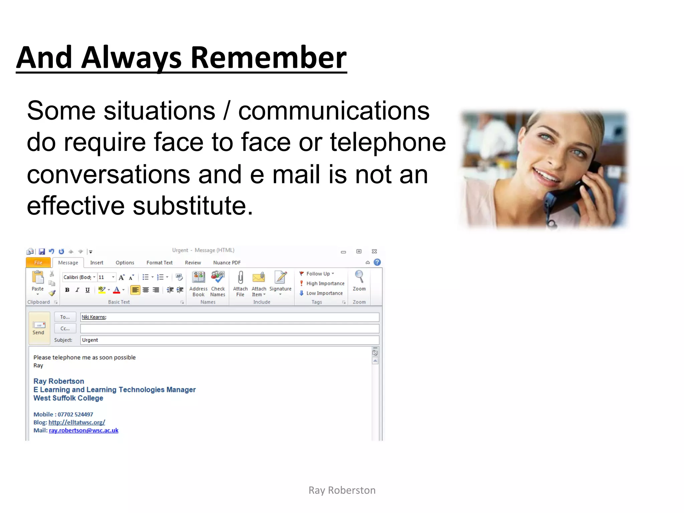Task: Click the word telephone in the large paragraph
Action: (388, 142)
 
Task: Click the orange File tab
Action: (38, 263)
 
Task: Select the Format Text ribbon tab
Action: (159, 263)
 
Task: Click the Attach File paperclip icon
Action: (240, 278)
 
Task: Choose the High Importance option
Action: (325, 283)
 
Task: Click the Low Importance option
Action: (324, 293)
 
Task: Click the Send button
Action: (39, 328)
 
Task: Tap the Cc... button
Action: (65, 328)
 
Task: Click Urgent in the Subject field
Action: (90, 340)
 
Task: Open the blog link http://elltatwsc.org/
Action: (76, 422)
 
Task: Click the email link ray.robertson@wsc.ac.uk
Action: (83, 430)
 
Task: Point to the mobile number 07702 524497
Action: (75, 414)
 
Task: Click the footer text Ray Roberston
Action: (342, 490)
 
